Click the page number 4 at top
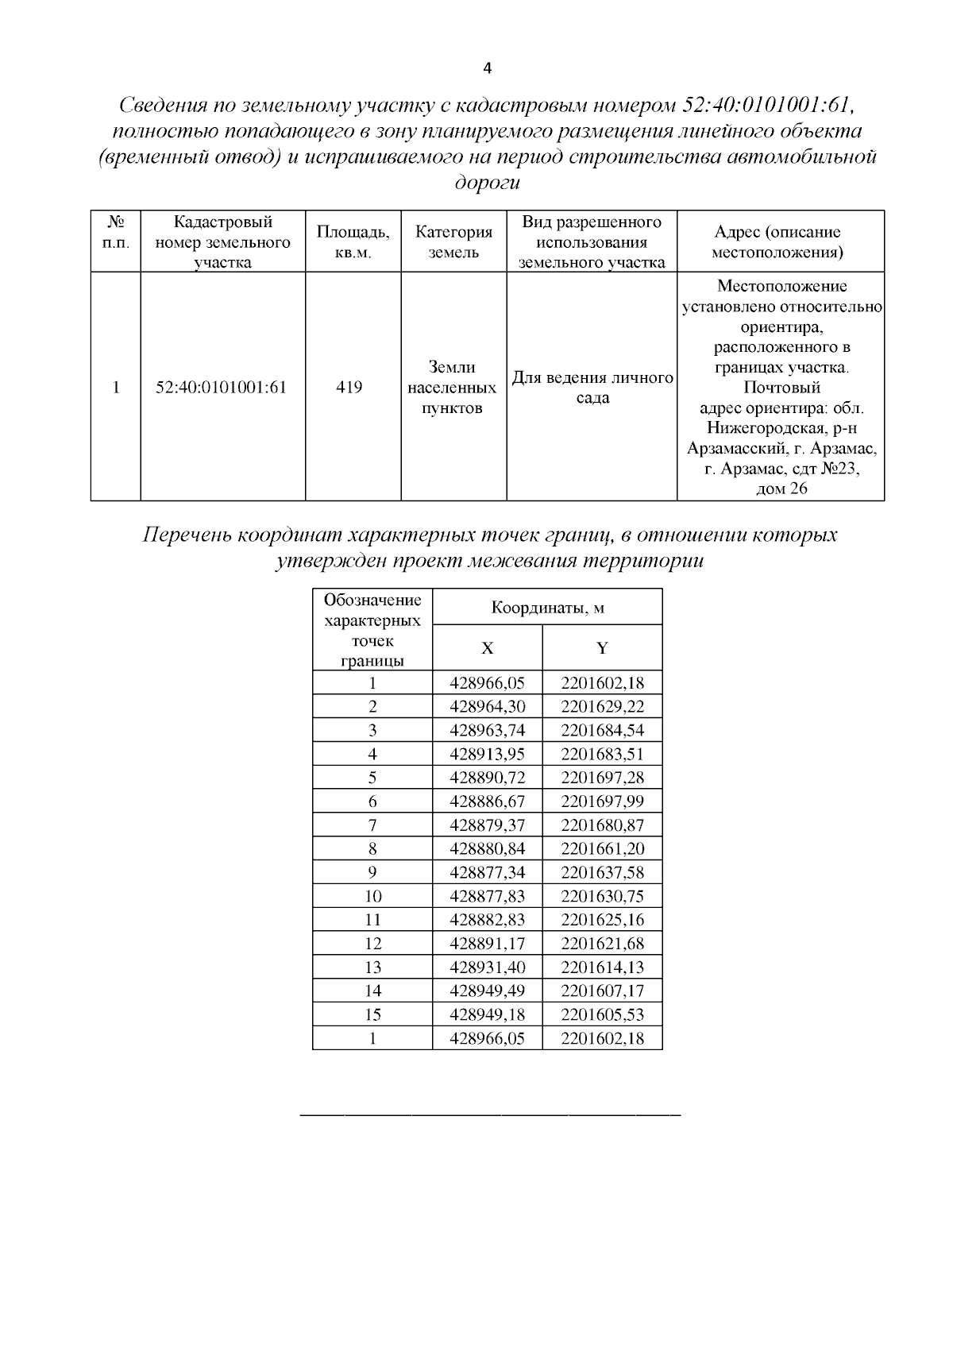(488, 68)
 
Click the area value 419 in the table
(349, 388)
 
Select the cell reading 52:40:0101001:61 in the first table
(222, 388)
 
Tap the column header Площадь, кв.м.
(353, 242)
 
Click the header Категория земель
(453, 242)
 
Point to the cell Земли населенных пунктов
(453, 388)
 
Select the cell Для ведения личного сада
(592, 388)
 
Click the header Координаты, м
(547, 608)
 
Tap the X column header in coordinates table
(487, 648)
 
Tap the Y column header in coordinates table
(602, 648)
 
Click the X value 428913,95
(487, 754)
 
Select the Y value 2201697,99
(602, 801)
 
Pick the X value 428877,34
(487, 872)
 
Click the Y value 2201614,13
(602, 968)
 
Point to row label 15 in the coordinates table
(372, 1014)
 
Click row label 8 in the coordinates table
(372, 849)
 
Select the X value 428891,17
(487, 944)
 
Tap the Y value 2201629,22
(602, 707)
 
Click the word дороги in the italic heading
(486, 183)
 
